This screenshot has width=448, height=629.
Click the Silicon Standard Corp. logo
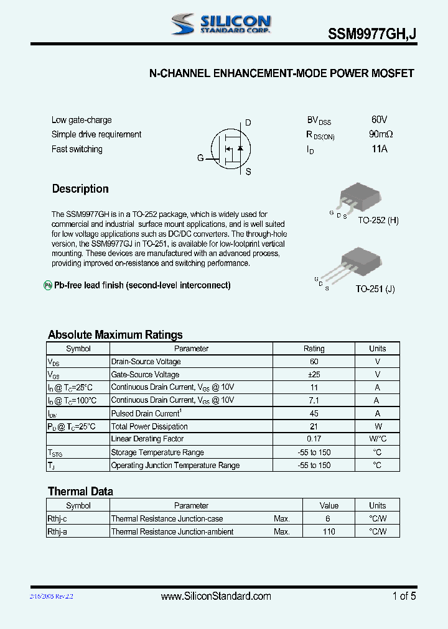[221, 24]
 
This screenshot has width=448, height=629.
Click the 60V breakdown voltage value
[379, 119]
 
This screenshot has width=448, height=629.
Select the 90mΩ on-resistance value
[380, 134]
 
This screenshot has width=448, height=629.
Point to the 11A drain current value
[379, 149]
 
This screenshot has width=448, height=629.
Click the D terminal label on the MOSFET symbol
[248, 123]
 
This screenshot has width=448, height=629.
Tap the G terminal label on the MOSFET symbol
[200, 158]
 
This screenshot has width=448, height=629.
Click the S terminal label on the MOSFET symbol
[248, 172]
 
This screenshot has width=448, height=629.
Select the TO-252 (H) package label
[378, 221]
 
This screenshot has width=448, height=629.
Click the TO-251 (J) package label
[375, 289]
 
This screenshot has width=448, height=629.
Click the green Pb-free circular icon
[47, 285]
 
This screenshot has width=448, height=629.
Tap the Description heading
[80, 189]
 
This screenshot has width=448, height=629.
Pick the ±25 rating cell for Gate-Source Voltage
[314, 375]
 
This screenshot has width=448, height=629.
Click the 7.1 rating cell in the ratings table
[314, 400]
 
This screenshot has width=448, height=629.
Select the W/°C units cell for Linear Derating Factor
[377, 439]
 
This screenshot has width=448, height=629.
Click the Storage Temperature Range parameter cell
[157, 452]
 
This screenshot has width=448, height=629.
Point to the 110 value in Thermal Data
[329, 531]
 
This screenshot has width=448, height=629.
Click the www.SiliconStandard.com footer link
[216, 596]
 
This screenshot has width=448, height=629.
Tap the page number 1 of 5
[404, 596]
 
